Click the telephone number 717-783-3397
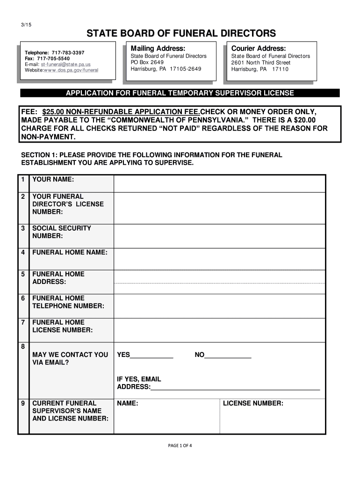68,52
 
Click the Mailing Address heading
158,48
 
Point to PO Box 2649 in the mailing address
147,62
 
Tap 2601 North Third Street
260,62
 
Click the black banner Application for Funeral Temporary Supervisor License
180,93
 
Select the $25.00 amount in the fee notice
53,112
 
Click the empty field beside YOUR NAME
219,183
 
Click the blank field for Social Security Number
219,236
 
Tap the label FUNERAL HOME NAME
70,253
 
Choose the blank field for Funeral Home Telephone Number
219,305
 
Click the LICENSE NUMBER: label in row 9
253,403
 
